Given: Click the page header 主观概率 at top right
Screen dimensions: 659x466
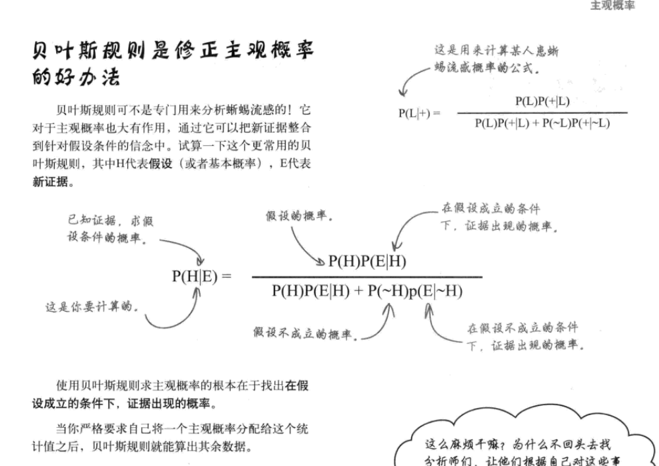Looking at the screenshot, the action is click(x=612, y=6).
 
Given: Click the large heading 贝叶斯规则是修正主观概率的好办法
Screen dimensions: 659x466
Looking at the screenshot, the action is click(x=173, y=64).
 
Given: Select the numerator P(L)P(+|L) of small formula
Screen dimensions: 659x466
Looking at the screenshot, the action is click(x=542, y=101).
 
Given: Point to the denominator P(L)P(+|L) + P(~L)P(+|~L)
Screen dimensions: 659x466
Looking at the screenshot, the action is click(x=542, y=123).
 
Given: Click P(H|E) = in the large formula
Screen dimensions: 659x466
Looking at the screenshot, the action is click(x=201, y=276).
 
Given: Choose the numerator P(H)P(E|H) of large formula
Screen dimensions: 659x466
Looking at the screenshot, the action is click(x=367, y=261).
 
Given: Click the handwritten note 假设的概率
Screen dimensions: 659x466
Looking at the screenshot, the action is click(x=299, y=216).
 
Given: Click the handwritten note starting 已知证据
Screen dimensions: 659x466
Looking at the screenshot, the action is click(x=111, y=229).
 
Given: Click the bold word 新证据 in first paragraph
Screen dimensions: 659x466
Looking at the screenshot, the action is click(x=50, y=182).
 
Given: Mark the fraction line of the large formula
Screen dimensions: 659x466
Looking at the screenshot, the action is click(x=367, y=277).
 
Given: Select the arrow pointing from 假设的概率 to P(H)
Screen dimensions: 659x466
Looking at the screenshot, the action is click(x=307, y=246).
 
